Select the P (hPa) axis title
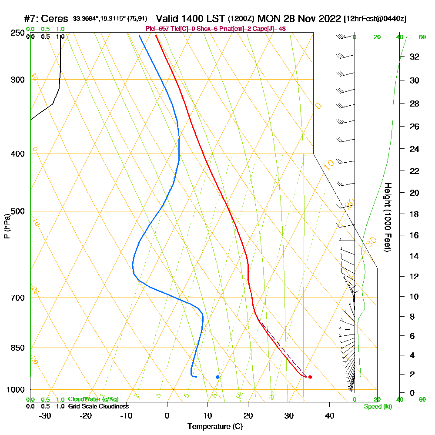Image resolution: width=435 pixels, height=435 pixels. [x=7, y=226]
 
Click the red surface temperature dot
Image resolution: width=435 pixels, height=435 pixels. [x=310, y=377]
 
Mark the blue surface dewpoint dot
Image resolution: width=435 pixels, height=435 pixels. [x=217, y=377]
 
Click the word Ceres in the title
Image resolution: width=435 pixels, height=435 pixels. [x=56, y=19]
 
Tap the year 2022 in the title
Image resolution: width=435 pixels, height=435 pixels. [x=329, y=19]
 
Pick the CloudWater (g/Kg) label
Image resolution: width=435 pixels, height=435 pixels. [x=93, y=399]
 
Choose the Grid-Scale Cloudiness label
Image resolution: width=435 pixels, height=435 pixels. [x=98, y=406]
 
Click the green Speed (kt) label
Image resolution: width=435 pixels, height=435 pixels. [x=378, y=406]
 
